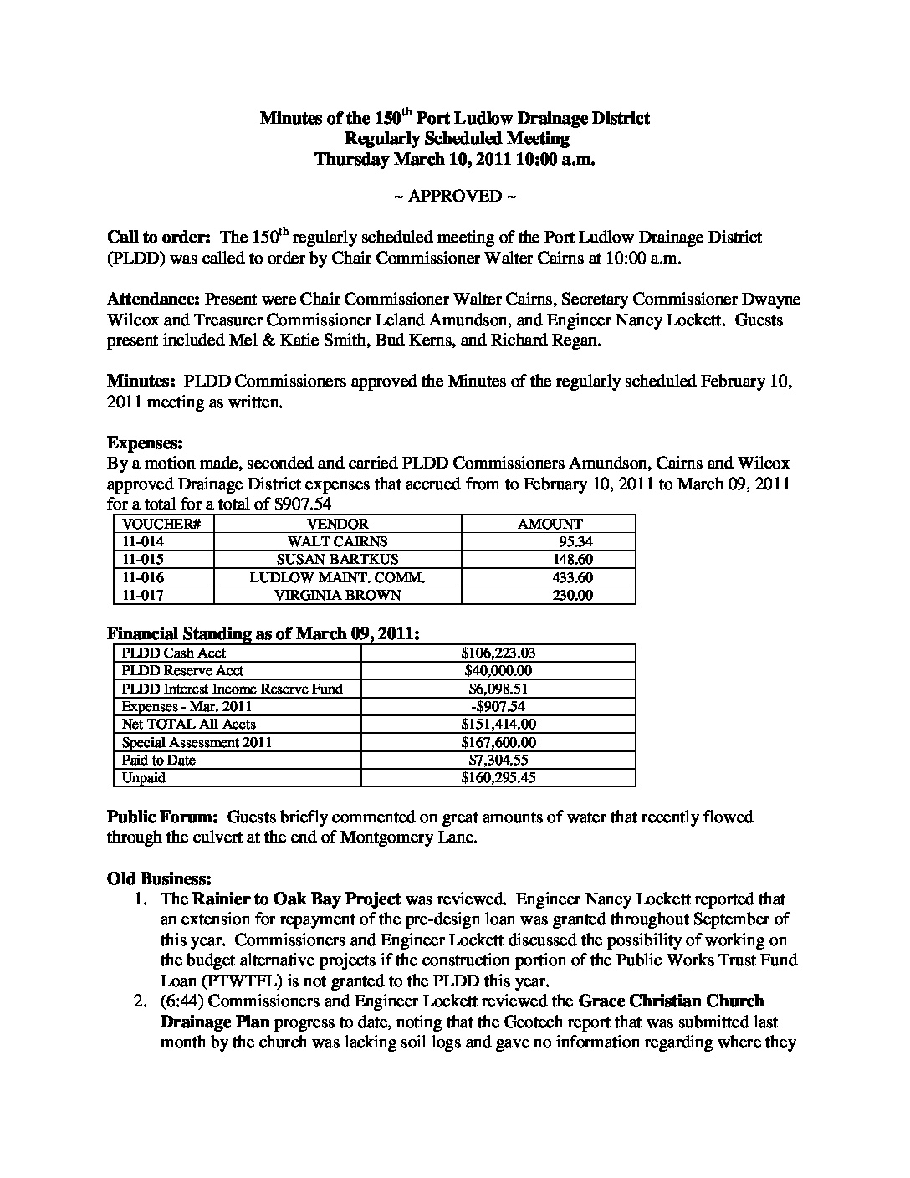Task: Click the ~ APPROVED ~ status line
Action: [x=454, y=197]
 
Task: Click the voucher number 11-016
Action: [x=143, y=577]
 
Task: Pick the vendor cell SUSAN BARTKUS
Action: [x=337, y=560]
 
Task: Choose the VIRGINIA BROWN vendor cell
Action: [x=337, y=596]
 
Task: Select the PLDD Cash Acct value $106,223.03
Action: [x=498, y=653]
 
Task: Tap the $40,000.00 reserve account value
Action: [x=498, y=670]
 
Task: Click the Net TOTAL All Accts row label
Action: [x=189, y=724]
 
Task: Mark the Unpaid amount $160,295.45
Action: [x=498, y=777]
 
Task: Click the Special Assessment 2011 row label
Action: [x=197, y=742]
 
